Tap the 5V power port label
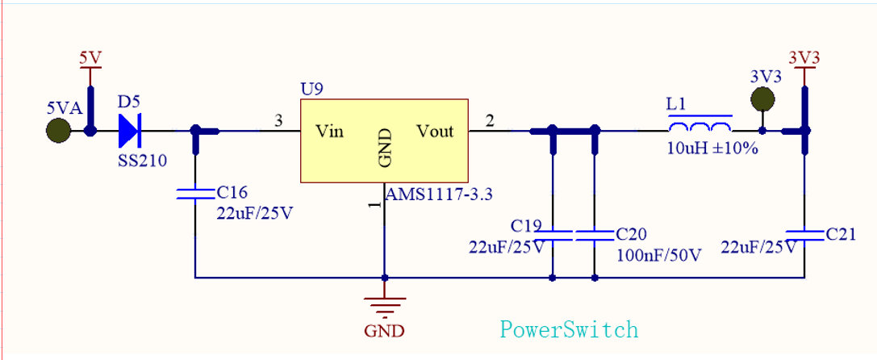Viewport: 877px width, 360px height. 90,58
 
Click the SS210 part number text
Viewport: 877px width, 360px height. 142,161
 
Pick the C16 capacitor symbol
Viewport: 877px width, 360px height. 195,193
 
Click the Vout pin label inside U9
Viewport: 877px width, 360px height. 435,131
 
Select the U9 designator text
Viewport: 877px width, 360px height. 311,89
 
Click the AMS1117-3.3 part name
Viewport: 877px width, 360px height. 439,195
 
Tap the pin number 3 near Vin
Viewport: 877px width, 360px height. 278,121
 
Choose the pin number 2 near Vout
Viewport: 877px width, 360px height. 489,121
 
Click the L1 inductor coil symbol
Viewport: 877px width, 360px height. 700,128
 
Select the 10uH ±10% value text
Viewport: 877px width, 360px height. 712,149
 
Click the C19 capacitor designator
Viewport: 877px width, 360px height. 526,225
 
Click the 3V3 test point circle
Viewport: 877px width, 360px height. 762,99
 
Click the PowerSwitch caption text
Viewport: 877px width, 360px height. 569,329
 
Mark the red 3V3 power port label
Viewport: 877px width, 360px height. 804,58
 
